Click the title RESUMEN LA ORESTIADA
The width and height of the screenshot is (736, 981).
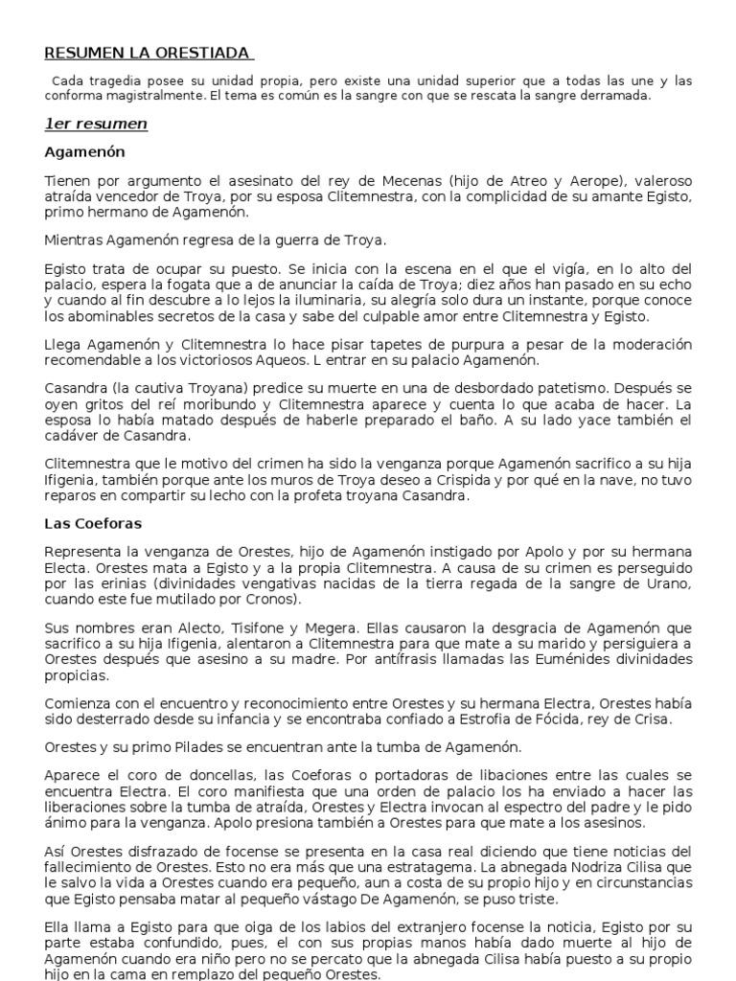click(148, 53)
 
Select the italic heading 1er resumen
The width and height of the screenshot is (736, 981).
click(96, 124)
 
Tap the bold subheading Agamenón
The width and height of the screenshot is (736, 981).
click(85, 152)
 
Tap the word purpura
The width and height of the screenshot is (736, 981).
click(450, 344)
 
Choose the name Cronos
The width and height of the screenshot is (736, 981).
click(272, 601)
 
